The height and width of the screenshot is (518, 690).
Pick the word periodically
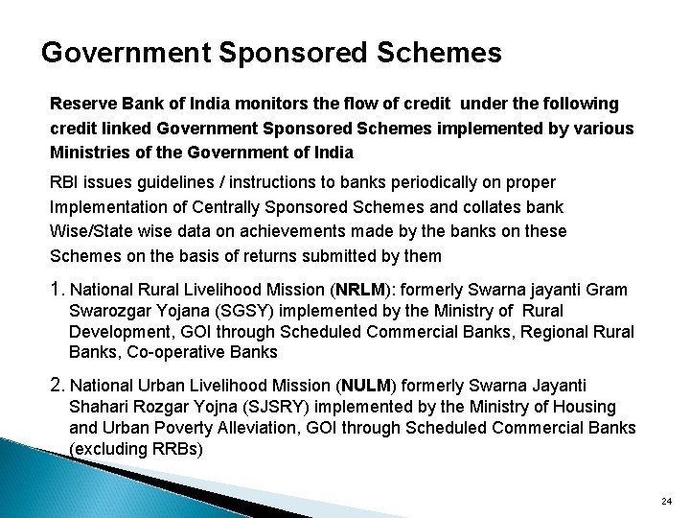click(x=446, y=181)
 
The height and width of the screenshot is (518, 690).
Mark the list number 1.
click(x=57, y=290)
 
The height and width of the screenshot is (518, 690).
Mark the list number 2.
click(x=57, y=386)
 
